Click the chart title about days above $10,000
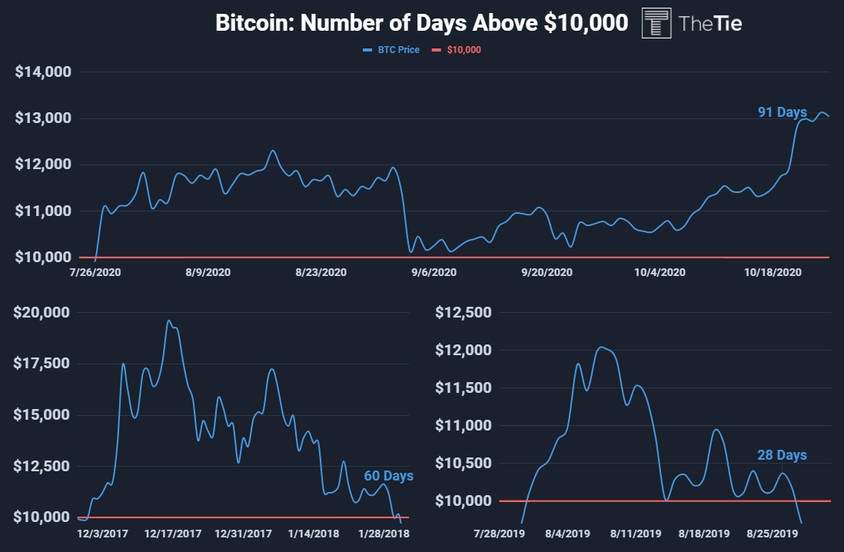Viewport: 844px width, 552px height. point(422,23)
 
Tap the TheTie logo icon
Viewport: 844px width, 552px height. point(655,23)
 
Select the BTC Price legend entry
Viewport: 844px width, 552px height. point(391,50)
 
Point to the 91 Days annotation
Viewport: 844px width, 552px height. point(783,112)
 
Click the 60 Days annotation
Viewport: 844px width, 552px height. point(388,476)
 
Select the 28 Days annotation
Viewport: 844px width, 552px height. point(782,455)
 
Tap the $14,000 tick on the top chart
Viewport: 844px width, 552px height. point(44,72)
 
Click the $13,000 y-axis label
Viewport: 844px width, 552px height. point(44,118)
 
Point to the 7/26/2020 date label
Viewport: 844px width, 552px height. point(95,272)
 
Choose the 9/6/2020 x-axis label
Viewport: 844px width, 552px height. point(434,272)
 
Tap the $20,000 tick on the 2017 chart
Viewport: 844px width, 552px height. point(44,313)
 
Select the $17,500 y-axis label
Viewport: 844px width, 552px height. point(44,364)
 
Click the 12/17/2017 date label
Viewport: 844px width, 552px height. point(172,532)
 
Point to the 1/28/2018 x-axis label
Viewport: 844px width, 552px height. point(384,532)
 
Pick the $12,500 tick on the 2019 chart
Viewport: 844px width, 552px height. point(462,313)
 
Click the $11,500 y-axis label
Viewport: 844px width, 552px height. point(462,388)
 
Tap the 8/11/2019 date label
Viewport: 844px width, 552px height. point(636,532)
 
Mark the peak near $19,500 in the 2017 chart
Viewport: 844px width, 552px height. point(168,321)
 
